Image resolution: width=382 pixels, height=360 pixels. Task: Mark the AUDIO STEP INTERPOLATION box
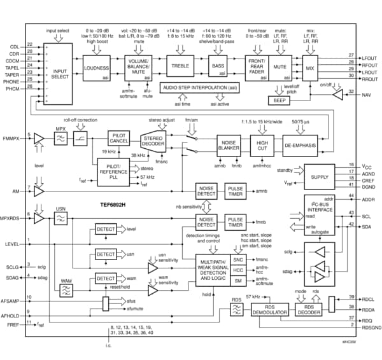click(202, 88)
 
